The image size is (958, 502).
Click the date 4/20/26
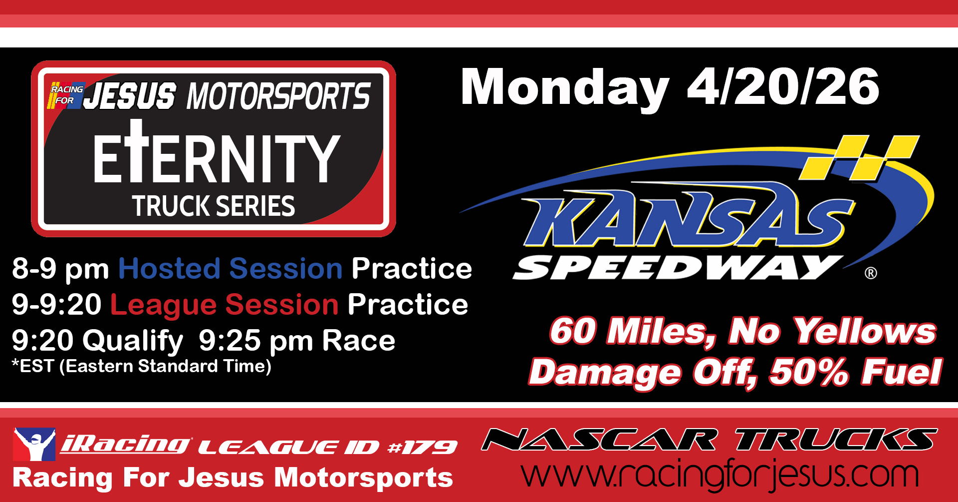783,87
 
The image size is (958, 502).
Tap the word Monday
565,89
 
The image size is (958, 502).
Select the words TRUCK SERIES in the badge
214,206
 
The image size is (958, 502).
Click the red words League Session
225,305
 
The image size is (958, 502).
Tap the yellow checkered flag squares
859,157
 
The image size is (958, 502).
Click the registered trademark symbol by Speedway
871,273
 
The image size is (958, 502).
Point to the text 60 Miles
633,332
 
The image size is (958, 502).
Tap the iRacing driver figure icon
34,444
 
